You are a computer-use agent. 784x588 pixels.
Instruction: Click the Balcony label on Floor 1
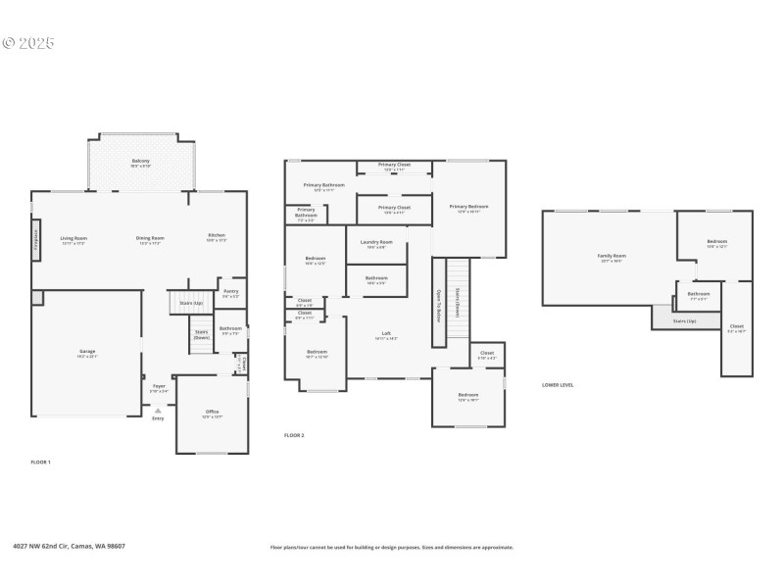point(141,161)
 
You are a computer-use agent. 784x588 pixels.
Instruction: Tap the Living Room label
point(74,238)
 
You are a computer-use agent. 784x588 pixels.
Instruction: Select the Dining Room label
point(150,238)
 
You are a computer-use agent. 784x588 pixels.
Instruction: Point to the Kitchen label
point(217,235)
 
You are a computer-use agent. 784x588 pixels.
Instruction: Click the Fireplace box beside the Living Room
point(36,237)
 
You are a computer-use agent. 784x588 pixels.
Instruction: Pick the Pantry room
point(230,292)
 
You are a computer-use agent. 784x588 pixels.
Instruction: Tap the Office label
point(212,412)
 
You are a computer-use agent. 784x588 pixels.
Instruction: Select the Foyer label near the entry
point(159,387)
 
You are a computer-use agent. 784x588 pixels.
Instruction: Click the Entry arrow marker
point(158,411)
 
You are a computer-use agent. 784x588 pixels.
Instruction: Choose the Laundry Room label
point(377,242)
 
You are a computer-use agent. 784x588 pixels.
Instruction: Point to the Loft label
point(386,334)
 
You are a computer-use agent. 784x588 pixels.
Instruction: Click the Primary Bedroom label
point(468,207)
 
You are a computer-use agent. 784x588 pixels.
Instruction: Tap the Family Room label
point(612,257)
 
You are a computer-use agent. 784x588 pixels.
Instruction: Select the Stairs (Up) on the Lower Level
point(685,319)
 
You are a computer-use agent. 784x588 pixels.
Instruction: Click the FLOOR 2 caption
point(294,434)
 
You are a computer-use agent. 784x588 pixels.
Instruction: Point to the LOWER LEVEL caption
point(558,385)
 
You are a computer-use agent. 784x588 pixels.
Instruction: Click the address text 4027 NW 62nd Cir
point(69,547)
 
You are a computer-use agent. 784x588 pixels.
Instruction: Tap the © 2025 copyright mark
point(28,43)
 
